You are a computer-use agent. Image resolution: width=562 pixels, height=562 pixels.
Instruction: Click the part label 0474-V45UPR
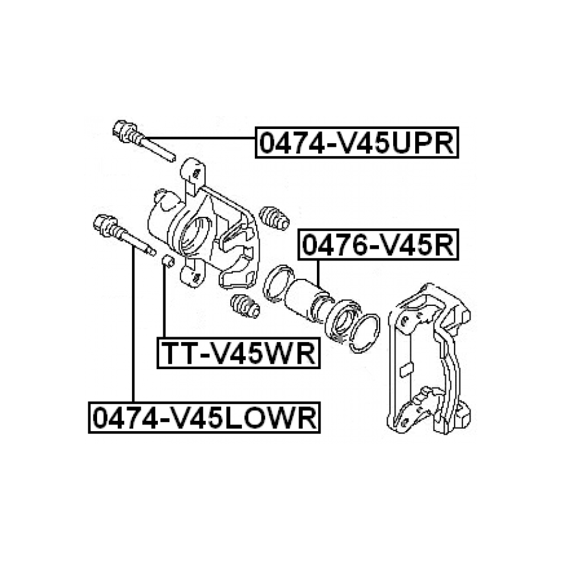pyautogui.click(x=357, y=142)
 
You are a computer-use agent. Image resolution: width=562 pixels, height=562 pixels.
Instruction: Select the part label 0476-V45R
pyautogui.click(x=378, y=245)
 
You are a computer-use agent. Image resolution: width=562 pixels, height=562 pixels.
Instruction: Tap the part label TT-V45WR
pyautogui.click(x=239, y=353)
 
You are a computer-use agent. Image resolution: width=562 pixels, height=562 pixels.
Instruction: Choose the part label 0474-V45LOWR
pyautogui.click(x=205, y=418)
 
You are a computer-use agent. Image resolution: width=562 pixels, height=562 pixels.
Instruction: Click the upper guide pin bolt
pyautogui.click(x=144, y=140)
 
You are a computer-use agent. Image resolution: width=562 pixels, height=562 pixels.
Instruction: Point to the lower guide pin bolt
pyautogui.click(x=123, y=235)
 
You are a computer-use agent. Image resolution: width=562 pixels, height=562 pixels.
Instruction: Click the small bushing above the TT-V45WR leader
pyautogui.click(x=168, y=261)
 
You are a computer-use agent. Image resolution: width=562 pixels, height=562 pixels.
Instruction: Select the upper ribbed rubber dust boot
pyautogui.click(x=274, y=217)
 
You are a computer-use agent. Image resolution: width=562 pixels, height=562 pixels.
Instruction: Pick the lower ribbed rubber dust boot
pyautogui.click(x=245, y=306)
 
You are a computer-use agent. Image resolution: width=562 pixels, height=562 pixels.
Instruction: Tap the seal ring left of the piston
pyautogui.click(x=278, y=283)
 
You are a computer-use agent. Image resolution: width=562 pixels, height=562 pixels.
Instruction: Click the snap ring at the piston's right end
pyautogui.click(x=364, y=333)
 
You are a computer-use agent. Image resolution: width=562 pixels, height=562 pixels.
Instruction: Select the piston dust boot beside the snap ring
pyautogui.click(x=343, y=321)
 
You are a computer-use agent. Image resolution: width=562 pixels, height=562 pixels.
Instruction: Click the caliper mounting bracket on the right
pyautogui.click(x=428, y=359)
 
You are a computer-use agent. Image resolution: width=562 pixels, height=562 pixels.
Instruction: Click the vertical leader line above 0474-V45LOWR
pyautogui.click(x=133, y=324)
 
